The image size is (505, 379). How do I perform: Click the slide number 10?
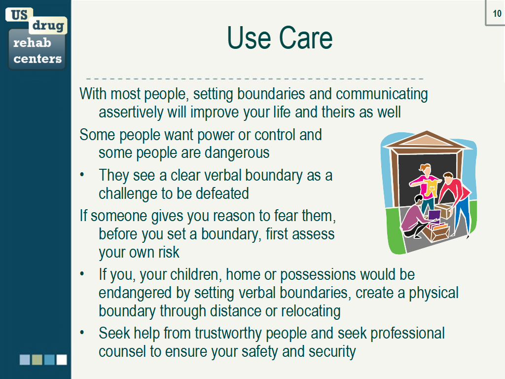pos(497,13)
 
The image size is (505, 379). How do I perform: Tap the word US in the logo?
pos(19,15)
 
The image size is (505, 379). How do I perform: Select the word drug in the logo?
pos(48,25)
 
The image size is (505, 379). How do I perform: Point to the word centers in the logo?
pos(37,59)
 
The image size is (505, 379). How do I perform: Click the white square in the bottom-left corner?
pos(62,360)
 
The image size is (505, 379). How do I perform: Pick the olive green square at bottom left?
pos(37,360)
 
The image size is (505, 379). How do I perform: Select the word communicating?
pos(382,94)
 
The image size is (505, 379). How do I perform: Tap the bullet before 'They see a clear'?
pos(82,175)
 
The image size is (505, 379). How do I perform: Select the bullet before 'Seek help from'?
pos(82,332)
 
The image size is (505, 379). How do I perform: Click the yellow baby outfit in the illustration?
pos(431,188)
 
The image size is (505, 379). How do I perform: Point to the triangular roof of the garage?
pos(427,140)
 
